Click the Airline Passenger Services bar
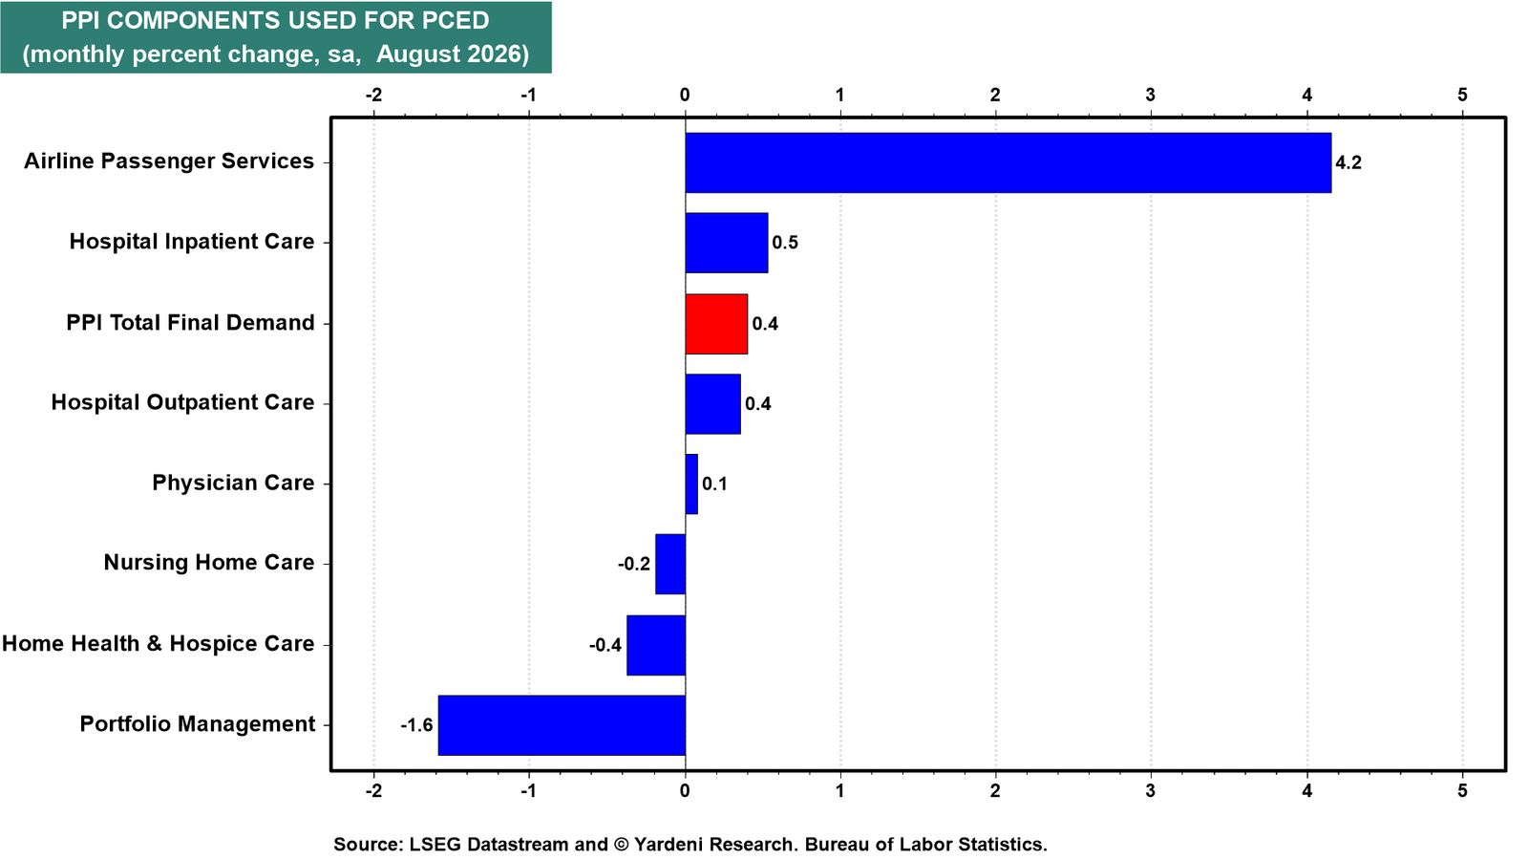tap(1008, 162)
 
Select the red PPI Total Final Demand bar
tap(716, 324)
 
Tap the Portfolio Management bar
tap(562, 725)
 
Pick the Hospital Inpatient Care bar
tap(727, 243)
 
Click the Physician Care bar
tap(691, 484)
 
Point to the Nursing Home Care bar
tap(670, 564)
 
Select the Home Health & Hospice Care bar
tap(656, 645)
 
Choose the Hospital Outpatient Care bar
tap(712, 404)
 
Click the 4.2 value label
tap(1348, 162)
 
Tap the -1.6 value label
tap(416, 725)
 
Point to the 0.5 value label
tap(785, 243)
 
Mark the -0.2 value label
tap(634, 565)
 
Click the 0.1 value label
tap(715, 484)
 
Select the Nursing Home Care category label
tap(209, 563)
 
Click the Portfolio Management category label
tap(197, 724)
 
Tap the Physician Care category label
tap(233, 484)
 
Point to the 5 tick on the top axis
tap(1462, 95)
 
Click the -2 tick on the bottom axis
tap(373, 790)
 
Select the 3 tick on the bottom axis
tap(1151, 790)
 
